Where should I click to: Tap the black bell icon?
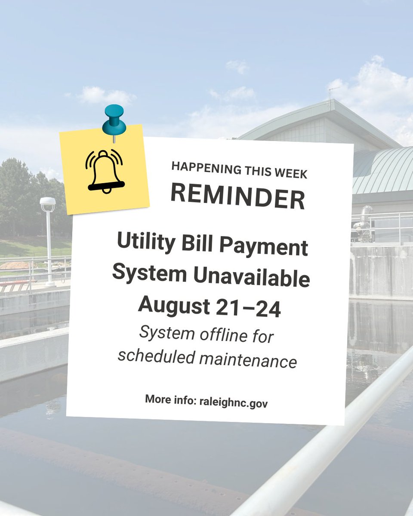pos(106,171)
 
